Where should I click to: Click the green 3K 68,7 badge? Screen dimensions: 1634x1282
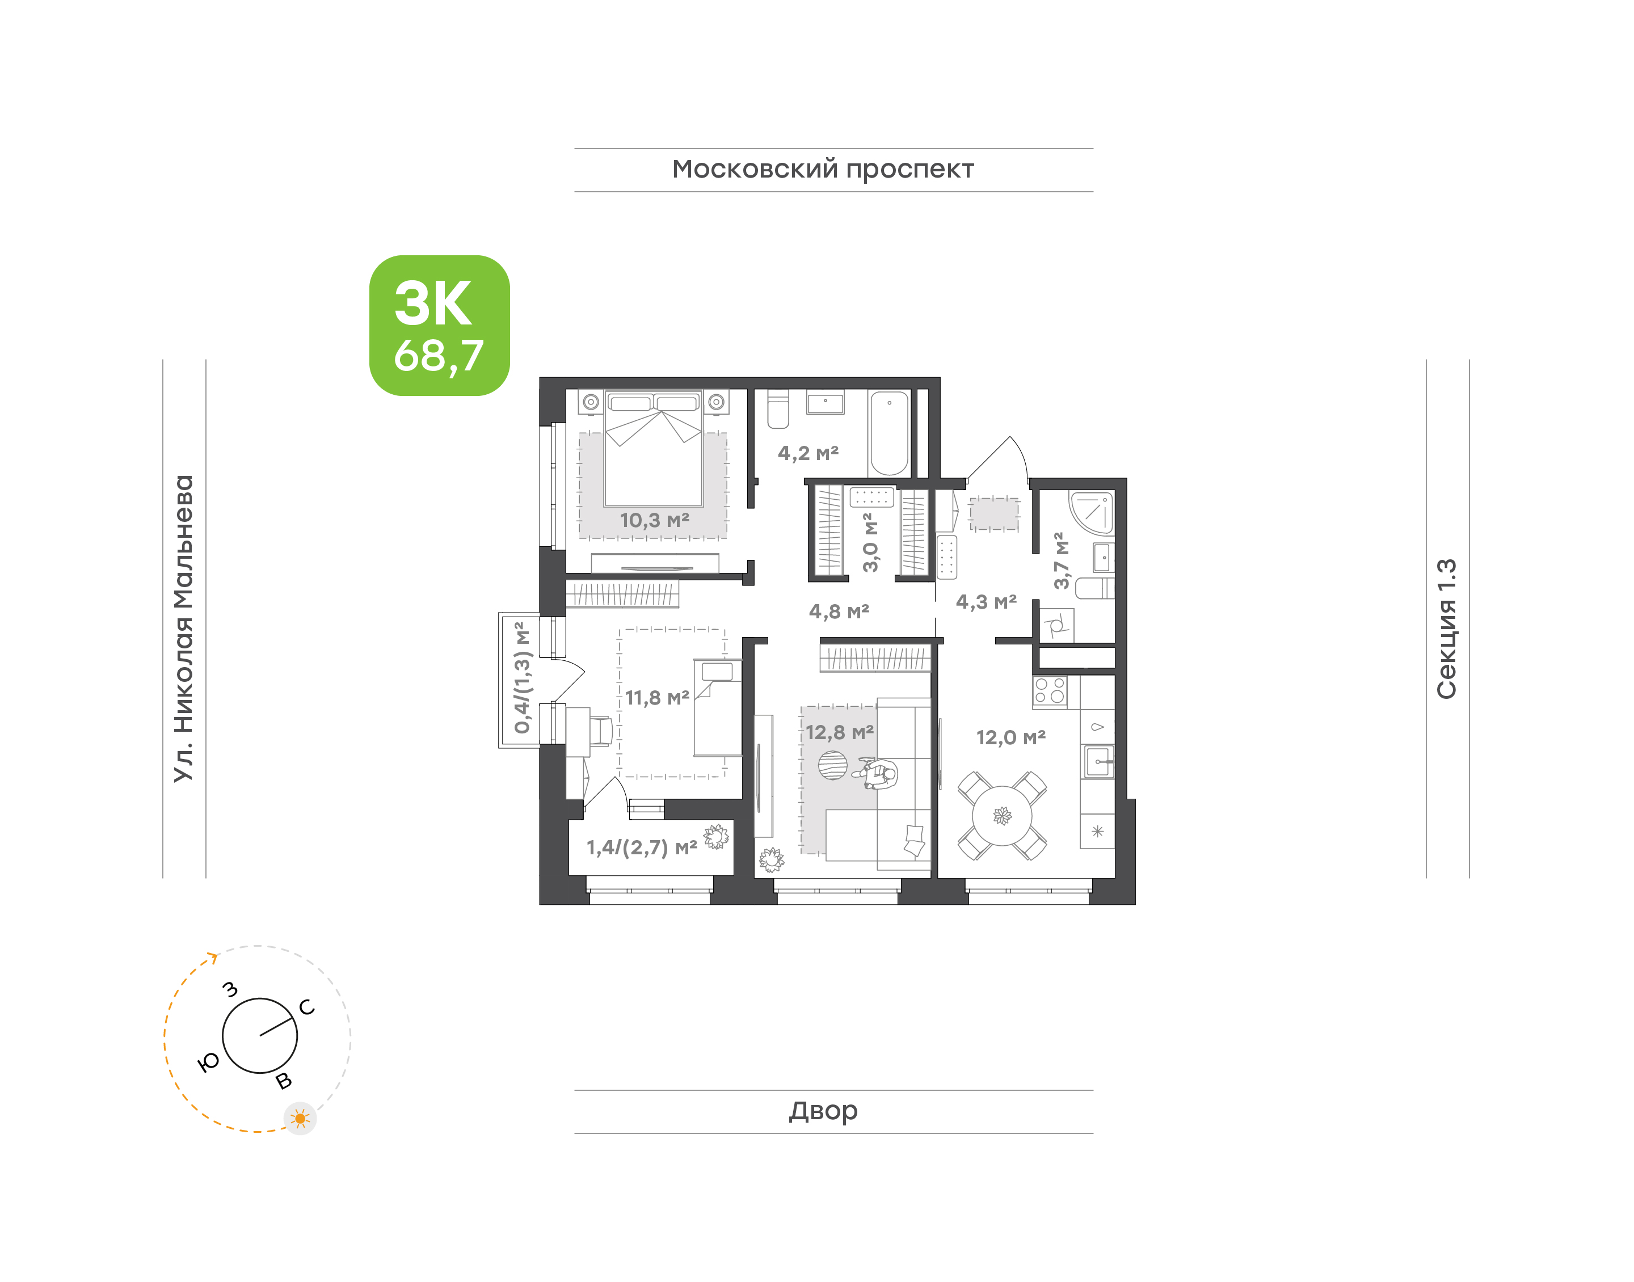[439, 325]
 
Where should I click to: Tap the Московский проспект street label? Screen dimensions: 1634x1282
[823, 170]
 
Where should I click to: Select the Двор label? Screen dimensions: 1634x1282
[823, 1111]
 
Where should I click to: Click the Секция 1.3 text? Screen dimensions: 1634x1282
[1446, 629]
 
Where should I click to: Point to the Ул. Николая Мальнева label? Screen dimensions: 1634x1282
[184, 629]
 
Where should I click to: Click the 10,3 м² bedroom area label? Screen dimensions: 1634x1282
[655, 520]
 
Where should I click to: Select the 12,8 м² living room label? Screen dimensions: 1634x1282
[839, 732]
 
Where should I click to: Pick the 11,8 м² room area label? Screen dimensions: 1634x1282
[657, 698]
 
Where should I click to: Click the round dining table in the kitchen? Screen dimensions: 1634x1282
[1002, 815]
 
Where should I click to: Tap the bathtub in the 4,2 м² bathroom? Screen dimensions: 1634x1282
[890, 432]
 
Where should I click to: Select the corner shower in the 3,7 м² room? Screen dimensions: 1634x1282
[1092, 512]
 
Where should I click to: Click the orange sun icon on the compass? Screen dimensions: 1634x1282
[300, 1119]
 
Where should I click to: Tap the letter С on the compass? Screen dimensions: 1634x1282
[307, 1007]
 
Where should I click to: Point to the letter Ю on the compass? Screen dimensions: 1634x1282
[209, 1061]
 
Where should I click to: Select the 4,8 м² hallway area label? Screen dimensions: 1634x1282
[839, 611]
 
